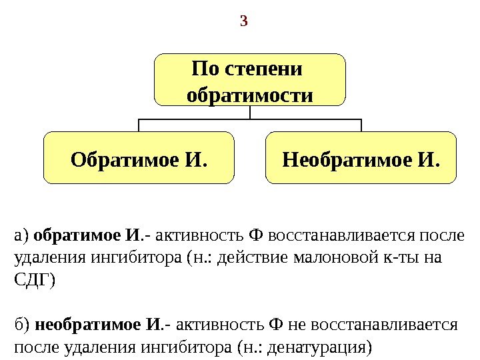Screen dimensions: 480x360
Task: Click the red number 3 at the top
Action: [243, 22]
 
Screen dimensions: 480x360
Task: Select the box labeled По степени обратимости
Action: [250, 80]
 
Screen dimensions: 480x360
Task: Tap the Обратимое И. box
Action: [139, 157]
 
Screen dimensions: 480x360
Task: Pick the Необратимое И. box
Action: [361, 157]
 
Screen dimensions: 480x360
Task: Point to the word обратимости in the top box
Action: [250, 94]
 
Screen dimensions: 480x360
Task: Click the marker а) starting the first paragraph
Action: [22, 235]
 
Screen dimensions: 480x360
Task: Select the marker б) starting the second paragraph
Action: [22, 325]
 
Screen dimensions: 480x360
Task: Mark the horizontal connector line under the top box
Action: [250, 120]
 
